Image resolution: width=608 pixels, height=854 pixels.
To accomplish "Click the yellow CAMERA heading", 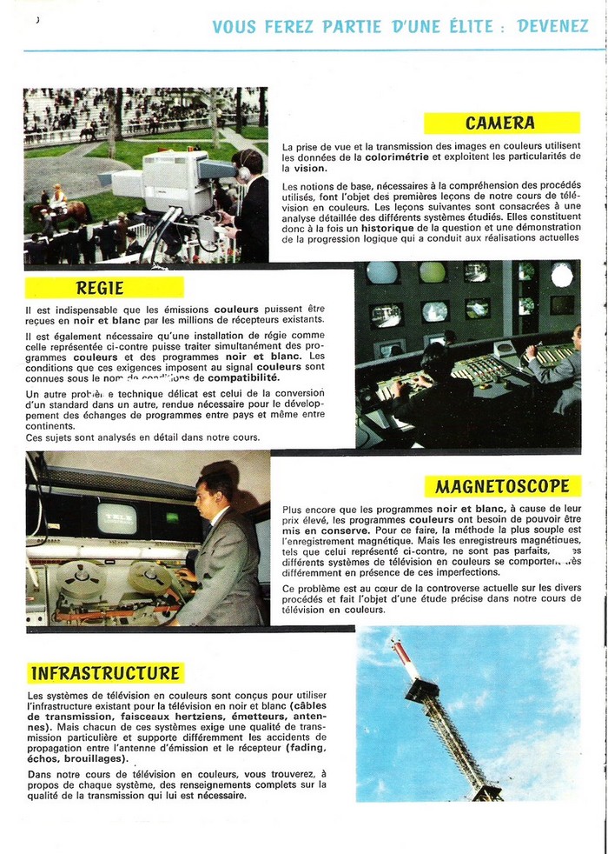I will click(x=500, y=123).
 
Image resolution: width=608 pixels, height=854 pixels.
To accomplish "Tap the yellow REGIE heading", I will click(x=101, y=287).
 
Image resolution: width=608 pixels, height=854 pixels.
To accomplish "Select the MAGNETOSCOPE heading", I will click(x=503, y=485).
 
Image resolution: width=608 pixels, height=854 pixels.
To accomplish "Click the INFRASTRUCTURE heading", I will click(x=105, y=673).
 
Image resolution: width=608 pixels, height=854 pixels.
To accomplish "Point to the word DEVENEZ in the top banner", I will click(x=552, y=26).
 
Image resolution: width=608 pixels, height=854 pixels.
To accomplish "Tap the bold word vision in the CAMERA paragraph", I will click(x=309, y=168).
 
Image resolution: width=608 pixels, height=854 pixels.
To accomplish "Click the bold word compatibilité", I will click(x=242, y=378).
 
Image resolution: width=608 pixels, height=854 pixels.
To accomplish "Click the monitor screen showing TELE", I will click(x=117, y=518).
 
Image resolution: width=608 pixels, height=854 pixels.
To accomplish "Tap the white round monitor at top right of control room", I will click(x=562, y=275).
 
